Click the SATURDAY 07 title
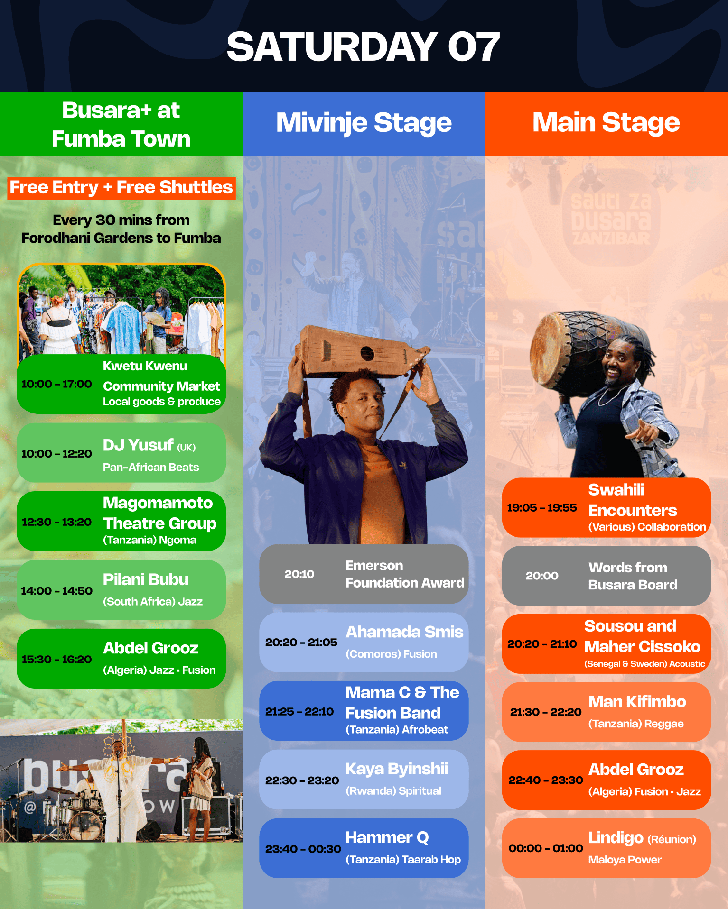(363, 46)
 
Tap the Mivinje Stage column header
(364, 123)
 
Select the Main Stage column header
(606, 122)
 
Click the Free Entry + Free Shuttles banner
(121, 188)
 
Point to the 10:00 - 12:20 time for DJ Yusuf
(56, 454)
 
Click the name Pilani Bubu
(146, 579)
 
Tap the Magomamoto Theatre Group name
(160, 513)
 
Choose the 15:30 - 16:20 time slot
(56, 660)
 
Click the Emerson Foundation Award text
(405, 574)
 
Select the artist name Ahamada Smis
(404, 632)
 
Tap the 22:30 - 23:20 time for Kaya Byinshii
(302, 780)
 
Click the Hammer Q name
(387, 838)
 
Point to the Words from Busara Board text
(633, 576)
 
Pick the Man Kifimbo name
(637, 701)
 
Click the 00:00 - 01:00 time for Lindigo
(546, 848)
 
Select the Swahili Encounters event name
(633, 500)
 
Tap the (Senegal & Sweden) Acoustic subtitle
(644, 664)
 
